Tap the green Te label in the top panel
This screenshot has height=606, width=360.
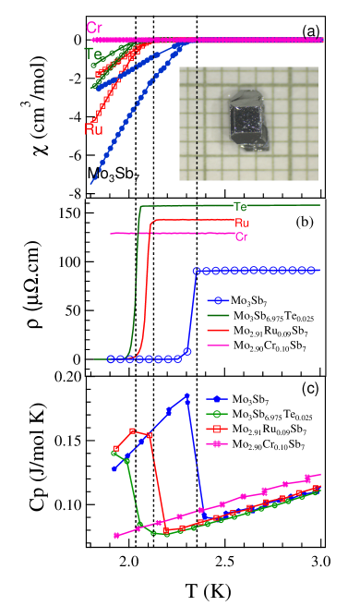93,54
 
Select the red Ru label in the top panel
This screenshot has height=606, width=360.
93,128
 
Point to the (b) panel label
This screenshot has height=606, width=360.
305,222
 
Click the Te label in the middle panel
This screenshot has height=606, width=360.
240,207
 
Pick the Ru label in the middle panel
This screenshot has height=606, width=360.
242,223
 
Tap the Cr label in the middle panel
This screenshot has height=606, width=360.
242,236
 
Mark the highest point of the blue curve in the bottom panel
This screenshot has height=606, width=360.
187,397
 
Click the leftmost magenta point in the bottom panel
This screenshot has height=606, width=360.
117,536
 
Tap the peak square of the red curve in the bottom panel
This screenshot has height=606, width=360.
133,430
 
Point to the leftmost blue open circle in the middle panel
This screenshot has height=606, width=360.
110,358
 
